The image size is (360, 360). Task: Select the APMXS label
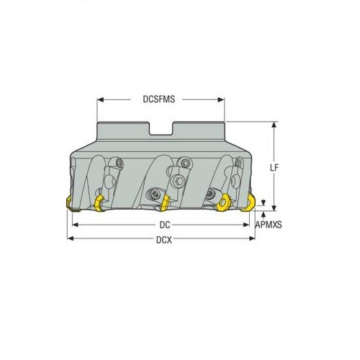pos(269,225)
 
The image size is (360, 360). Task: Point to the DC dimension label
pos(165,225)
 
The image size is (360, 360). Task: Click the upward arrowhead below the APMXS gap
pos(265,214)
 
